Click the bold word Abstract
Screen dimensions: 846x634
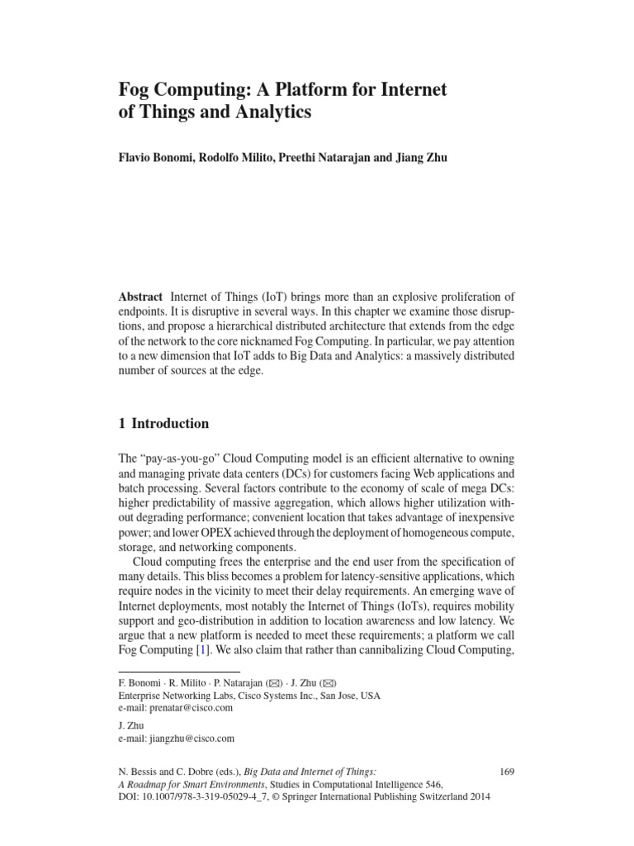[141, 297]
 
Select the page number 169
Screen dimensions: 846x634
[507, 772]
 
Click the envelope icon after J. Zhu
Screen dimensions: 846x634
[329, 682]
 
